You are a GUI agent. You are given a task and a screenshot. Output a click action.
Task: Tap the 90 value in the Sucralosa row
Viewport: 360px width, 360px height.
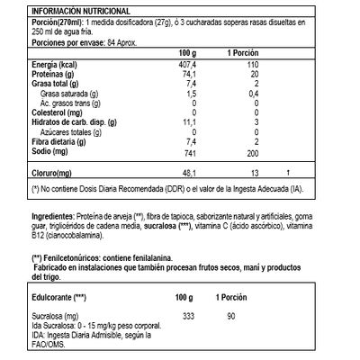(230, 318)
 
